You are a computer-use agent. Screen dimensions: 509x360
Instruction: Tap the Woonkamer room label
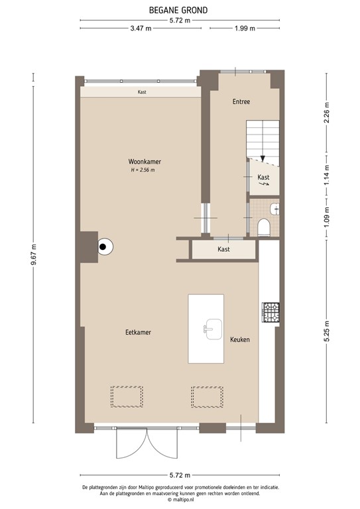(145, 162)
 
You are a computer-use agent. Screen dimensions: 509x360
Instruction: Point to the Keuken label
(239, 340)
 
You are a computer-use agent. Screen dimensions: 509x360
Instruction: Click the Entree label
(241, 102)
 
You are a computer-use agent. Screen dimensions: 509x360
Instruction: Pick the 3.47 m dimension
(141, 28)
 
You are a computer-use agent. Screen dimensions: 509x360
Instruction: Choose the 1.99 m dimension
(245, 28)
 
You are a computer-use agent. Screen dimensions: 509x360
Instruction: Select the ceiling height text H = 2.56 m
(143, 170)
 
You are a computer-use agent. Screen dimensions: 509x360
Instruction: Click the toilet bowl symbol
(264, 227)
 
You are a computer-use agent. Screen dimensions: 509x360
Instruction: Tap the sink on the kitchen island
(213, 327)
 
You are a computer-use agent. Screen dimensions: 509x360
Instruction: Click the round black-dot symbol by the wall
(104, 248)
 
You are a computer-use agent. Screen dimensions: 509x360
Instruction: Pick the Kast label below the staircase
(263, 178)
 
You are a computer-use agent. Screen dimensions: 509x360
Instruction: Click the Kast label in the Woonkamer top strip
(142, 92)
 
